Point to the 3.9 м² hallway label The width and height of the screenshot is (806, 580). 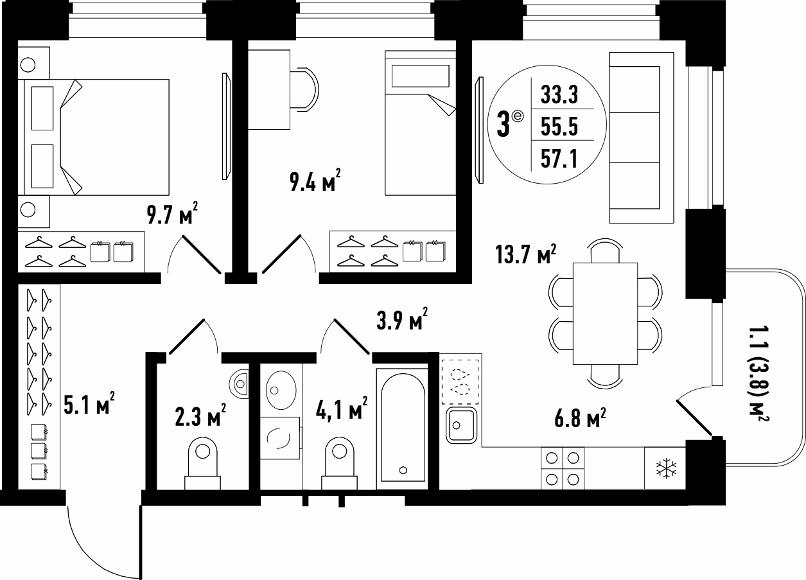coord(402,319)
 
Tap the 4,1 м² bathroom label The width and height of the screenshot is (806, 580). coord(342,408)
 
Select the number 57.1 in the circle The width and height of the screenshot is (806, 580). coord(559,159)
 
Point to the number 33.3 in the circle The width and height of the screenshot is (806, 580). coord(559,94)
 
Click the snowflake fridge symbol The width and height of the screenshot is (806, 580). coord(667,468)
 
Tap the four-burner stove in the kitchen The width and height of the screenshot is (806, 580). coord(563,468)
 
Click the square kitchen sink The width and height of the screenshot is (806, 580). coord(461,426)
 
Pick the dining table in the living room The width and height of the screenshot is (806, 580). coord(605,313)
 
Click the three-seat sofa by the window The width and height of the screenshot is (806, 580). coord(642,137)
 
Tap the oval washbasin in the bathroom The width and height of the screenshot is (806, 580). coord(281,390)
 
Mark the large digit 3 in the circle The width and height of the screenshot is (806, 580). coord(504,125)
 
